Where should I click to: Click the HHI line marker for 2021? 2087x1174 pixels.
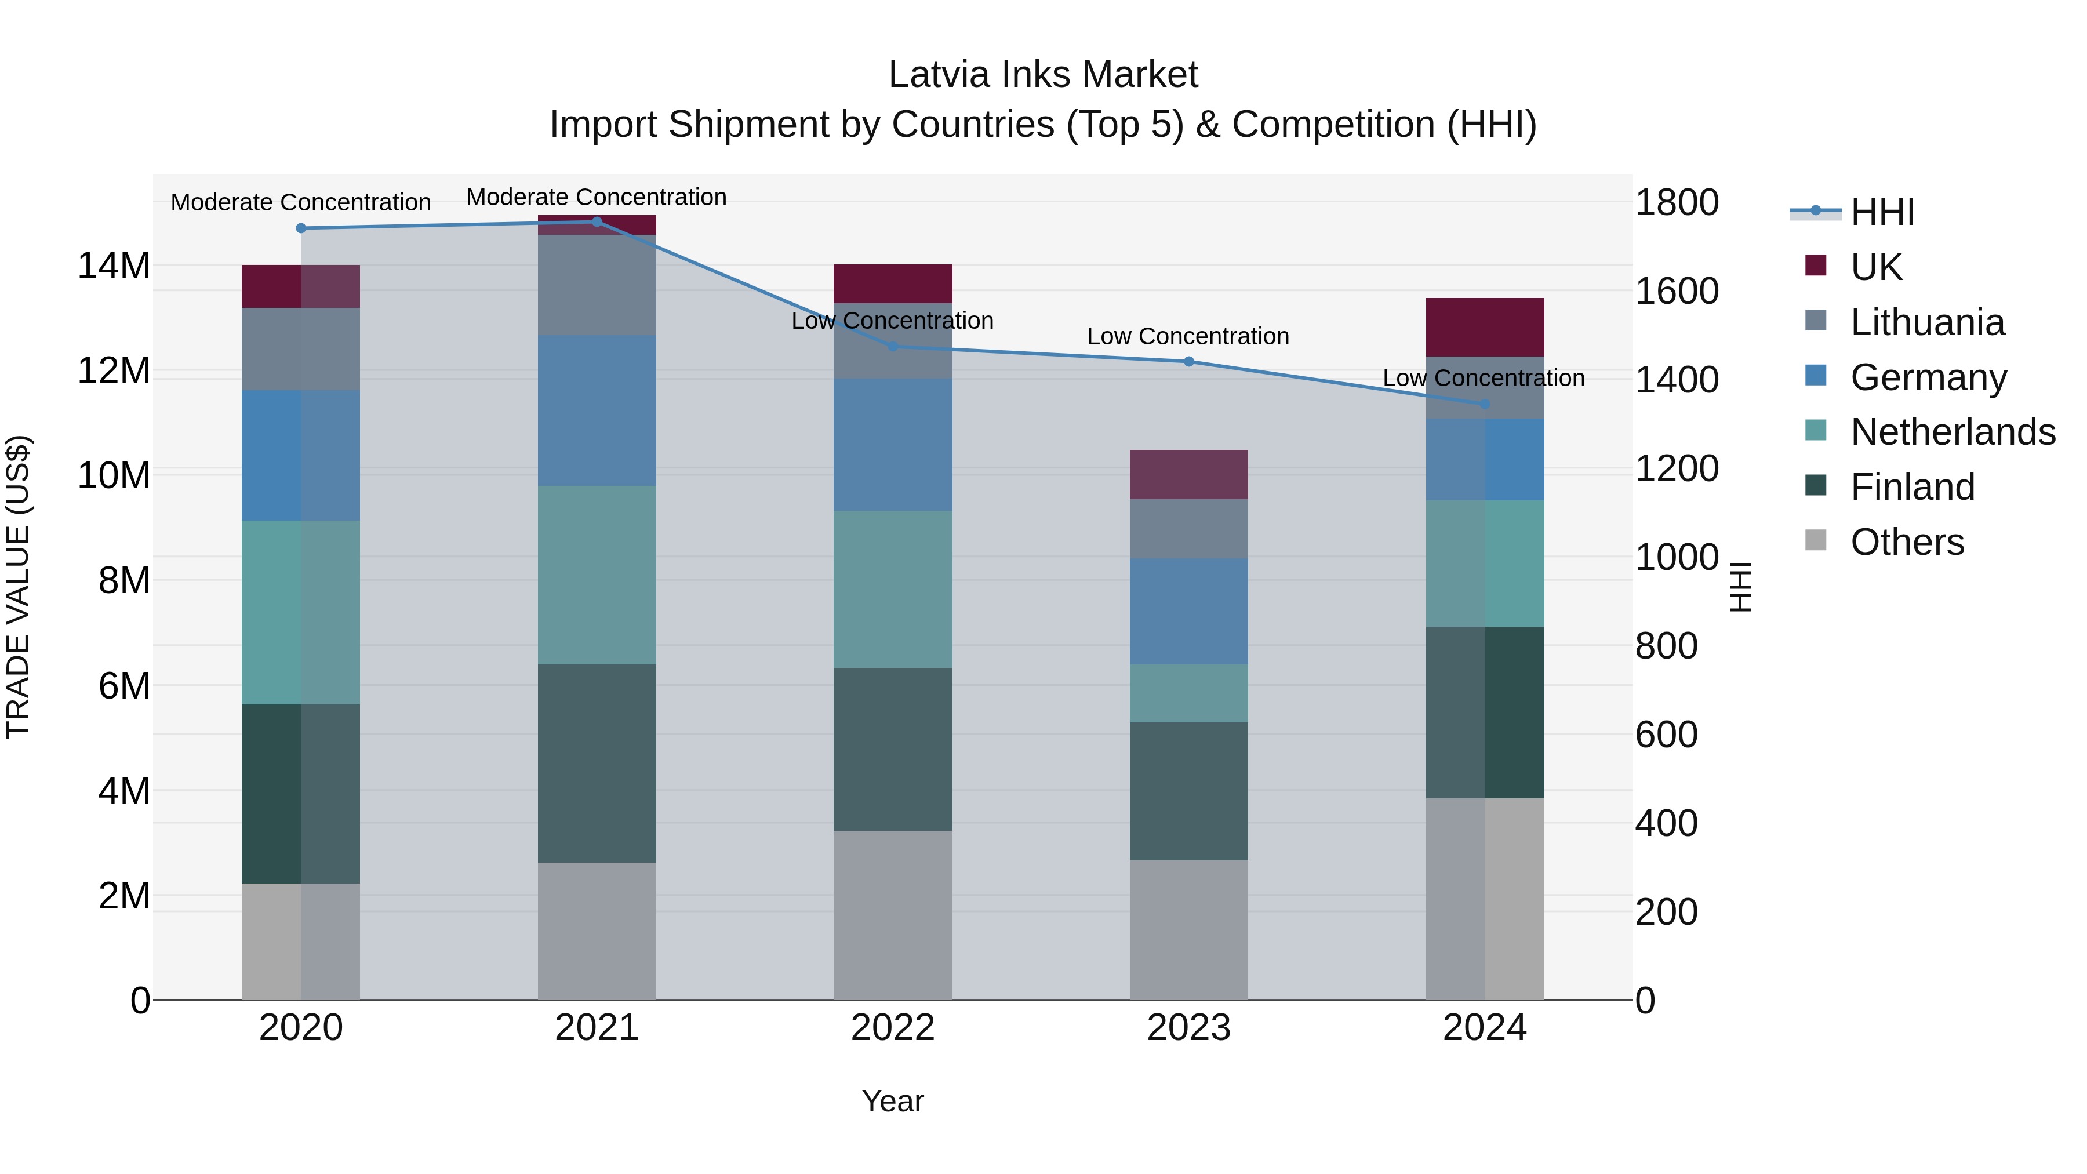point(597,222)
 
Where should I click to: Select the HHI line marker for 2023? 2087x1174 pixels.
point(1188,361)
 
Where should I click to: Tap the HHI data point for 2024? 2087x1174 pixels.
point(1484,404)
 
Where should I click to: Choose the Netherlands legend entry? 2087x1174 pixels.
point(1953,432)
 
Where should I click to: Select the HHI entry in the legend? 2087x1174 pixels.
point(1882,212)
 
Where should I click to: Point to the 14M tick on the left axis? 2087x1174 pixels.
point(114,266)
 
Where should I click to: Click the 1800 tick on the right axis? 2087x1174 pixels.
point(1676,202)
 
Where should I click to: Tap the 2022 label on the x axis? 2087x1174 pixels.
point(892,1028)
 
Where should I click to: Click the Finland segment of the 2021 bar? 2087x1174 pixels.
point(597,763)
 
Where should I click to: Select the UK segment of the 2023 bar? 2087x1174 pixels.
point(1188,475)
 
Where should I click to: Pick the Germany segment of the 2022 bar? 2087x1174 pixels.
point(892,445)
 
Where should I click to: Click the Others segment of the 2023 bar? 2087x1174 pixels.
point(1188,930)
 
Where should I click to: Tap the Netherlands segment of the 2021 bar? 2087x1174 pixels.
point(597,575)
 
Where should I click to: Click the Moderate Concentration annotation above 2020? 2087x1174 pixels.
point(300,202)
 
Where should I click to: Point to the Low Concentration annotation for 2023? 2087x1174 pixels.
point(1188,336)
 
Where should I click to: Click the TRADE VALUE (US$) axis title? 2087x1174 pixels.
point(19,587)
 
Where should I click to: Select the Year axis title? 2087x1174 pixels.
point(892,1101)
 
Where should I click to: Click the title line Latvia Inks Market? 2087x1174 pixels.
point(1043,75)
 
